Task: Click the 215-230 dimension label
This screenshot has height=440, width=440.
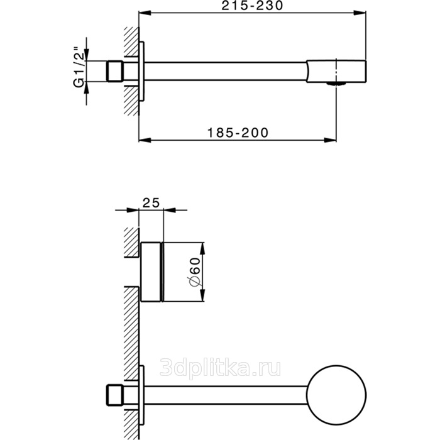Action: point(252,6)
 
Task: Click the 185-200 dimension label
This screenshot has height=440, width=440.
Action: point(238,133)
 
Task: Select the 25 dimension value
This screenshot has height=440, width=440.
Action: point(151,202)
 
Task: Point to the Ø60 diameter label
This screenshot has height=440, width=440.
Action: point(195,272)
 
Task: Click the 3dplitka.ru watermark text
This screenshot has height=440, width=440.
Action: point(220,368)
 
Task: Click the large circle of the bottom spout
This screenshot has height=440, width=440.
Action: point(336,395)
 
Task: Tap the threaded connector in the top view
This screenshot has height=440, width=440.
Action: point(115,71)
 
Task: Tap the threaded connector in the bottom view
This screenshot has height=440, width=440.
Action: point(115,395)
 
